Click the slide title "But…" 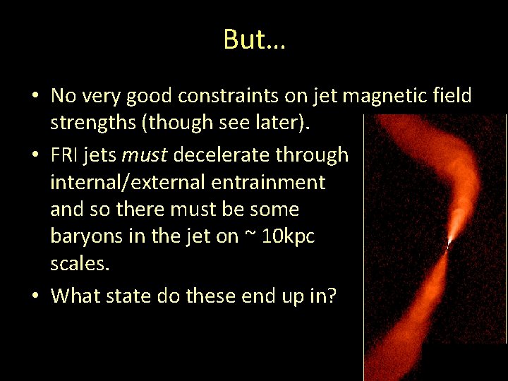point(254,40)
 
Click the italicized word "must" point(145,155)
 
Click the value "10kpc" point(289,237)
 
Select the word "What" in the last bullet point(75,296)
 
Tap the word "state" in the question point(129,296)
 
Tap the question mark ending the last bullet point(331,296)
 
